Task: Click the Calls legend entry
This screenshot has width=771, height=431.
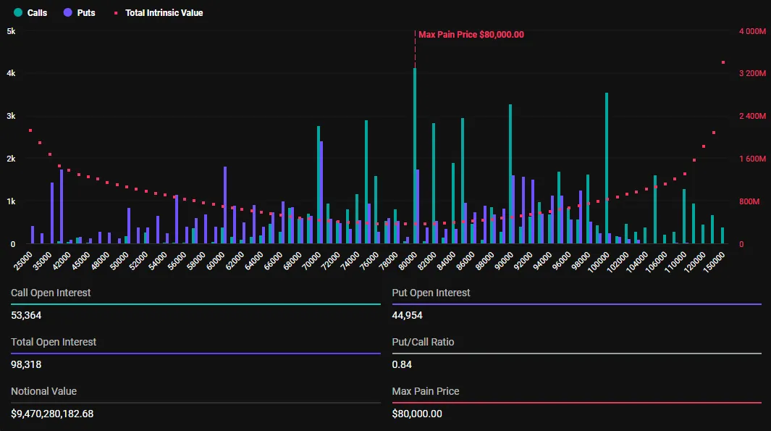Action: click(31, 13)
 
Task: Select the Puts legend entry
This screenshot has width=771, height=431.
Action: click(80, 13)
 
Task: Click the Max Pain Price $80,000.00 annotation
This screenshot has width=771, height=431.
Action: click(471, 35)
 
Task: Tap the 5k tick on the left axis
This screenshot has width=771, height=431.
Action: click(11, 31)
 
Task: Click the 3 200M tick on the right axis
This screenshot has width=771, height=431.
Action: click(751, 74)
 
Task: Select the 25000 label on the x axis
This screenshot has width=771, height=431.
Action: click(24, 259)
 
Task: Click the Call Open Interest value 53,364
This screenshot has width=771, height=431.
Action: click(26, 315)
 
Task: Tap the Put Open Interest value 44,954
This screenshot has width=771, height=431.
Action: click(408, 315)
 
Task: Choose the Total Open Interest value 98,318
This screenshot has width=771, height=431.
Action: click(26, 364)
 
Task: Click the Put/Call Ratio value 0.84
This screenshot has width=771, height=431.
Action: click(402, 364)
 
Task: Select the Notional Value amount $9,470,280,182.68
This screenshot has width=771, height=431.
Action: click(52, 414)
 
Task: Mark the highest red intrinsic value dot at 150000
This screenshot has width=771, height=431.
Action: click(722, 62)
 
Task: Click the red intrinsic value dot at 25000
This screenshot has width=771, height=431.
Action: click(30, 130)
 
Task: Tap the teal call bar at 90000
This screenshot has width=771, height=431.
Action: click(510, 174)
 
